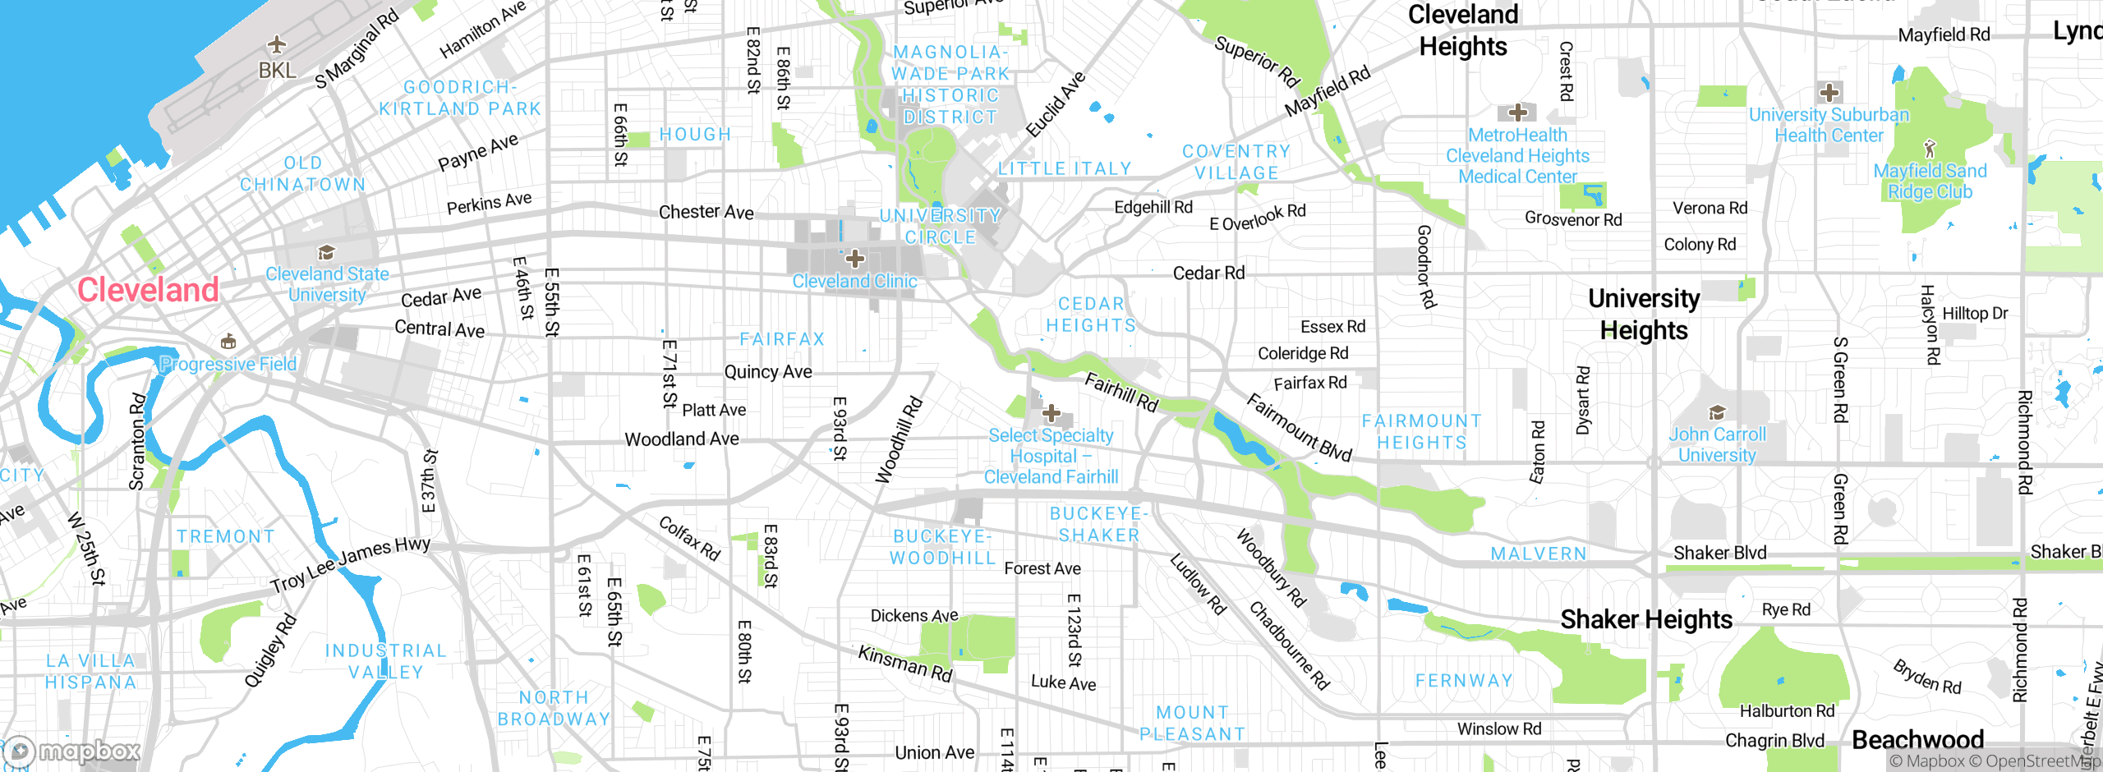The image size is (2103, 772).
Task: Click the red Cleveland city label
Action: coord(148,290)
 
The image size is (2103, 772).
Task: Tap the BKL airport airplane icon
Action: coord(277,44)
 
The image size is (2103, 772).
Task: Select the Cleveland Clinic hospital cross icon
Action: coord(854,259)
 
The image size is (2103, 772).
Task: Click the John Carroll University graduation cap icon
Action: coord(1716,412)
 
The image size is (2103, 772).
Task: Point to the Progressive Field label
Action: coord(228,364)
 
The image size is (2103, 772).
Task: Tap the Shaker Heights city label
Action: coord(1645,619)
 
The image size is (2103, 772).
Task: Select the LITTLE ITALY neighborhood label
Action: coord(1065,169)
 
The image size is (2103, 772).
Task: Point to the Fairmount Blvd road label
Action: coord(1299,427)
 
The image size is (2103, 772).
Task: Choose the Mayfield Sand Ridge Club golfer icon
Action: coord(1930,149)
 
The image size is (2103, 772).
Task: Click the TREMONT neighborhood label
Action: coord(226,536)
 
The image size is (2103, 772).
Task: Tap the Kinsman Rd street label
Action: coord(904,664)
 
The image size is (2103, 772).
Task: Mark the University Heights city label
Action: coord(1643,314)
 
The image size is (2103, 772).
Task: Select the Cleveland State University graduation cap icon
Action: coord(326,252)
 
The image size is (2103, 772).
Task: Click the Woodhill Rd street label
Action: coord(899,440)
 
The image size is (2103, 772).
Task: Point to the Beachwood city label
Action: coord(1917,739)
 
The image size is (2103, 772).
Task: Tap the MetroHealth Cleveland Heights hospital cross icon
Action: coord(1517,113)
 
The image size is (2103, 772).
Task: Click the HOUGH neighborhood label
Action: coord(695,135)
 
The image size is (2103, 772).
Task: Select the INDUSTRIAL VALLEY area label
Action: coord(386,661)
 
